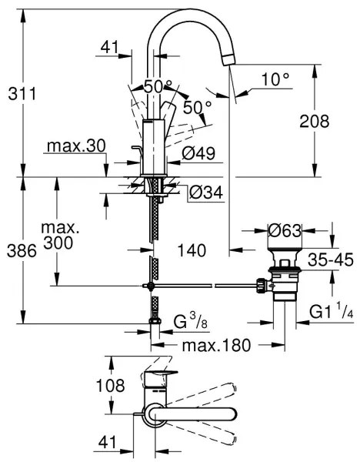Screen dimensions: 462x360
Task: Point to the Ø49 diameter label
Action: coord(198,154)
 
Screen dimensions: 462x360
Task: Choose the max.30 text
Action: coord(74,146)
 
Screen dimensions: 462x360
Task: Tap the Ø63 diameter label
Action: coord(284,230)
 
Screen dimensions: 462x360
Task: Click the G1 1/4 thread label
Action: coord(330,312)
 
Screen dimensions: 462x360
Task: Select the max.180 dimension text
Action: coord(216,345)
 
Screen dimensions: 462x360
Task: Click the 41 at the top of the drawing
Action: coord(112,48)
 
